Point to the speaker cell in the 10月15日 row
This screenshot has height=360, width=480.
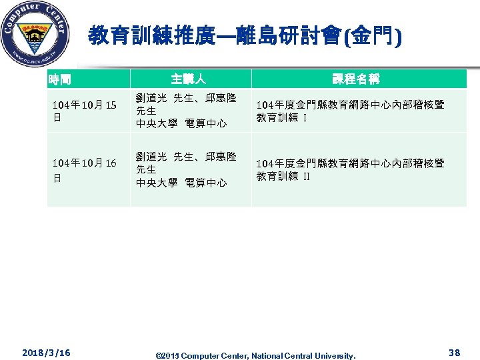[186, 111]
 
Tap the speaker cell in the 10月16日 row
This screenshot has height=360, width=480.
[186, 169]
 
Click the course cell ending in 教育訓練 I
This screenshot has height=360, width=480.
[351, 111]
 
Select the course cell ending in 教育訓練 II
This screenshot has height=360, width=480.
[351, 169]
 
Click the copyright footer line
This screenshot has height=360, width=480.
[255, 355]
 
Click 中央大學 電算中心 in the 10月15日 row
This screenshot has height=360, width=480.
[181, 123]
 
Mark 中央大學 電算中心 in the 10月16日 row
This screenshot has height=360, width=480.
[181, 182]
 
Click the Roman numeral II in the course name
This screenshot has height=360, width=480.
[307, 177]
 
